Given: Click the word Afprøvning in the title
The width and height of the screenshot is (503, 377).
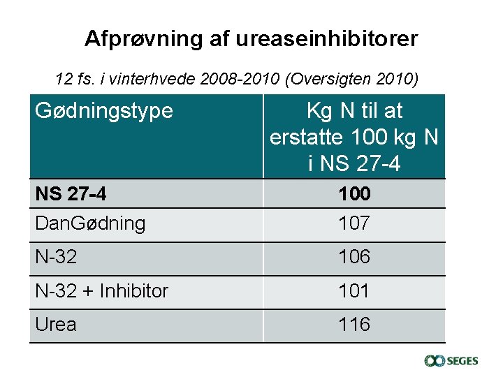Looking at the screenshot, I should (143, 38).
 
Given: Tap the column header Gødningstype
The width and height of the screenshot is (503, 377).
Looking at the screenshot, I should (103, 110).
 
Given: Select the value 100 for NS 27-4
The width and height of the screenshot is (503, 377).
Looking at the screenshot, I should (354, 193).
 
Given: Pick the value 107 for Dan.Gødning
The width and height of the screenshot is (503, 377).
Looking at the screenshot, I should (354, 223).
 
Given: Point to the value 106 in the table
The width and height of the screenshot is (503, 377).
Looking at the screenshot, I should (354, 257).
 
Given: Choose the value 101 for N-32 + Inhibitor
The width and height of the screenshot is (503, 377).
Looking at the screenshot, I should (354, 290).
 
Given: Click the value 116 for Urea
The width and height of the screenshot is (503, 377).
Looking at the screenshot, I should (354, 325).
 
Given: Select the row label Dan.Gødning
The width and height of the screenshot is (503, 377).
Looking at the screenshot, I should (90, 223).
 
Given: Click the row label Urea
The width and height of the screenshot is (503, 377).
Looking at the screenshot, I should (56, 325).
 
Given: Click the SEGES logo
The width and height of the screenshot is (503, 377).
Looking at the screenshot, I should (451, 360).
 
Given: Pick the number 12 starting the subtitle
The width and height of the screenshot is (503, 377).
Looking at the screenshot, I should (63, 79).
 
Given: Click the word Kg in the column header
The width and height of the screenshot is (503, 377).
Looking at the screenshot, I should (319, 110).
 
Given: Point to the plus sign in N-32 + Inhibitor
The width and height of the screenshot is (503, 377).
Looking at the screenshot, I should (87, 291).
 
